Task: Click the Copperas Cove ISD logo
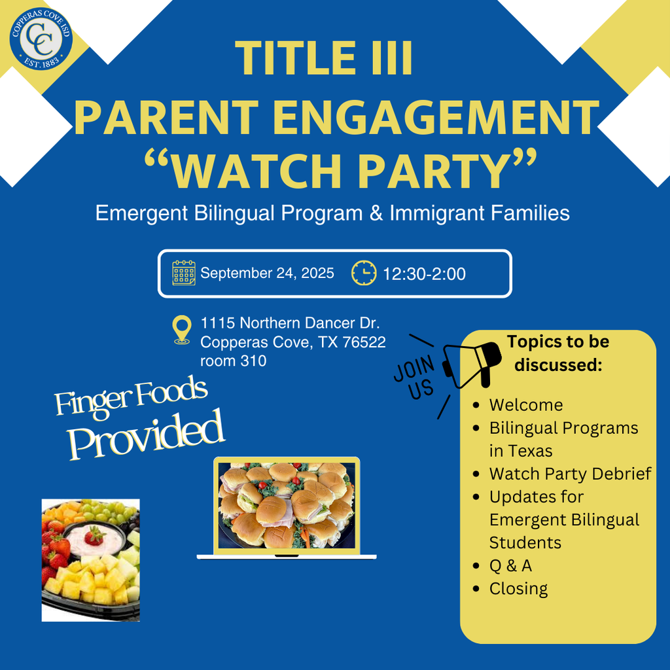coord(41,39)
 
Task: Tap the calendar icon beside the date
coord(184,273)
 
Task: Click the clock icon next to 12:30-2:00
coord(364,273)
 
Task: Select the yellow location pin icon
coord(182,330)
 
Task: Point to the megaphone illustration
coord(472,364)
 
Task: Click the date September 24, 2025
coord(267,273)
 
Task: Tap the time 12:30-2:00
coord(424,274)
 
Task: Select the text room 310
coord(234,361)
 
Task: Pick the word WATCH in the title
coord(256,169)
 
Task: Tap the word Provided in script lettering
coord(146,435)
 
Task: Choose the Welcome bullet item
coord(526,404)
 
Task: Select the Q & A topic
coord(510,565)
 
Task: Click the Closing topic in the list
coord(518,589)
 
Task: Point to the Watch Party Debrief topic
coord(570,474)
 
